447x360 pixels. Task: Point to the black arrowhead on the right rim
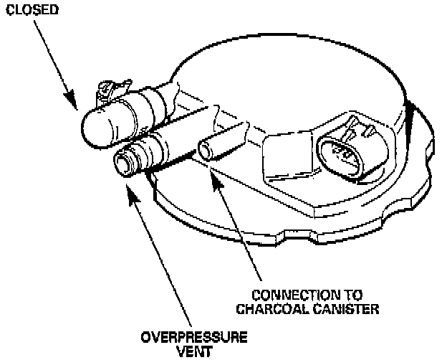[410, 108]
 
